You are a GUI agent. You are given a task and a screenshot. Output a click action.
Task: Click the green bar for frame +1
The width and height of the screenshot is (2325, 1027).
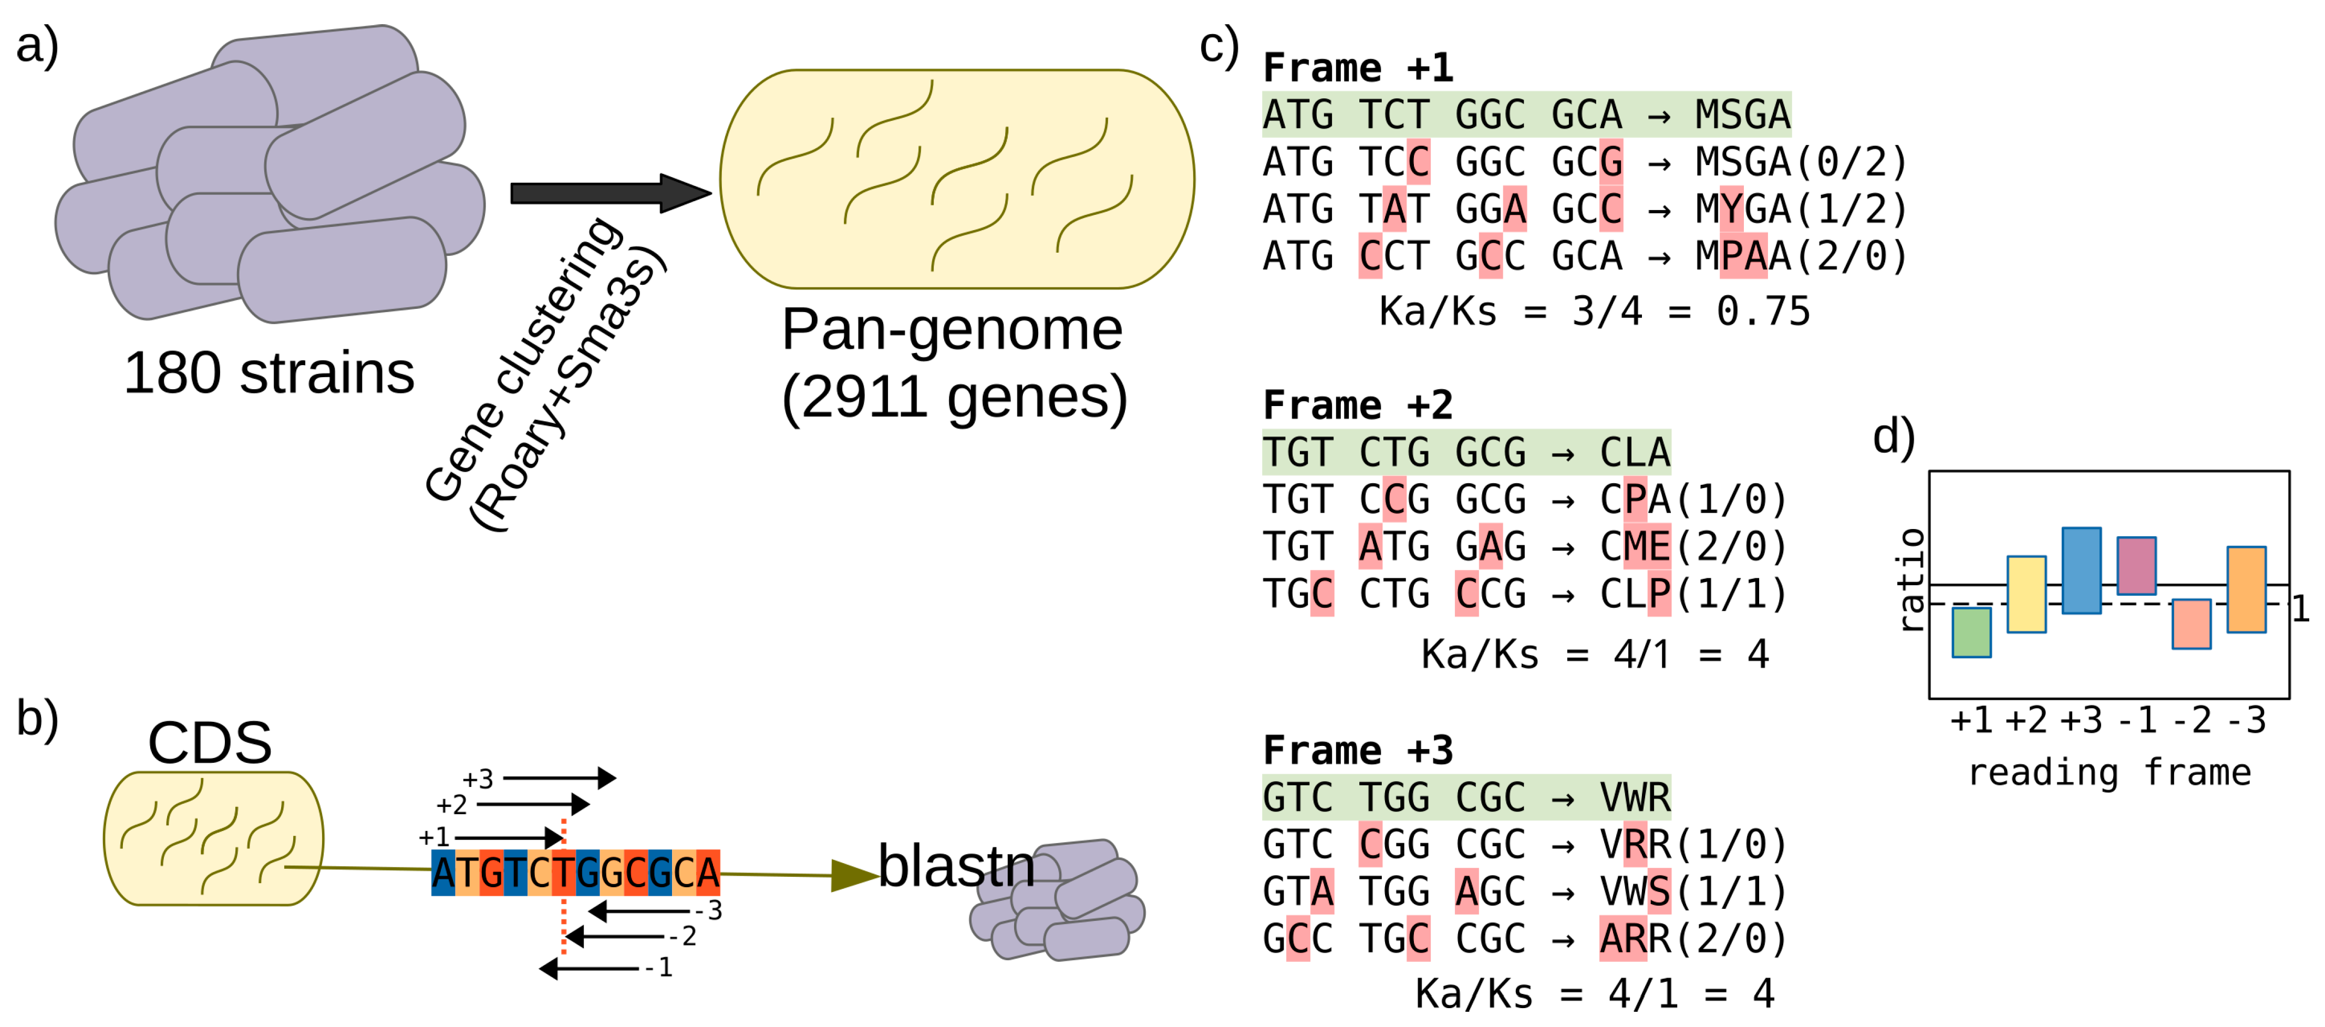pyautogui.click(x=1971, y=632)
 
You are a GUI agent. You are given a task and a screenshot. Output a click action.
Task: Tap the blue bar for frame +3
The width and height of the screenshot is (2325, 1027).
pyautogui.click(x=2081, y=570)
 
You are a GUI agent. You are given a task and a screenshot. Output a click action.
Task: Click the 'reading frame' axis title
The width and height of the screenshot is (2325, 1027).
pyautogui.click(x=2109, y=773)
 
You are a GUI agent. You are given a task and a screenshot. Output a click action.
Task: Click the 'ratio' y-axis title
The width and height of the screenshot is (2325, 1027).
pyautogui.click(x=1910, y=579)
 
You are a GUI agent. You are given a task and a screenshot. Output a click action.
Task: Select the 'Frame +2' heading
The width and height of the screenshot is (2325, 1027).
pyautogui.click(x=1358, y=405)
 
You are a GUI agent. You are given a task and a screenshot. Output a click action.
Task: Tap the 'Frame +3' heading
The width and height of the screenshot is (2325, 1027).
pyautogui.click(x=1358, y=750)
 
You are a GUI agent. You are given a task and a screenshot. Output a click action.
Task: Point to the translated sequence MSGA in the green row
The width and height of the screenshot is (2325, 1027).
pyautogui.click(x=1742, y=115)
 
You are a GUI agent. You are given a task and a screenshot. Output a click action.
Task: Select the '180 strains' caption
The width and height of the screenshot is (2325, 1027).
pyautogui.click(x=269, y=373)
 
